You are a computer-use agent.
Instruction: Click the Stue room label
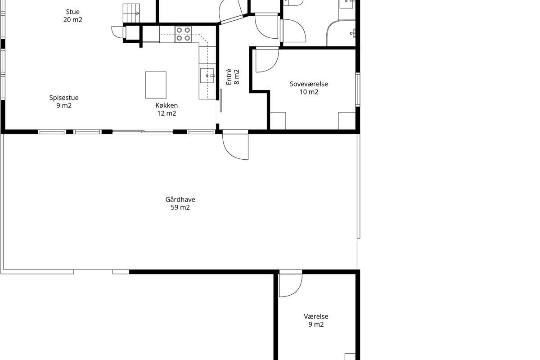point(72,12)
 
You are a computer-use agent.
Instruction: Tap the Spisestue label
point(64,98)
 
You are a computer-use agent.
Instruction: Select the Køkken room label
point(166,105)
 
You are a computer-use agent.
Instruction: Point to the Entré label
point(229,77)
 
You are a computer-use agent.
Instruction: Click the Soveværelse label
point(309,84)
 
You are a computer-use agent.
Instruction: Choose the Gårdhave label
point(180,200)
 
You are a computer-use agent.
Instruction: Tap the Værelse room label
point(316,316)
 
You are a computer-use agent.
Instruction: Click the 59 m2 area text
point(180,207)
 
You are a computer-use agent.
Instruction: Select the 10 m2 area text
point(309,92)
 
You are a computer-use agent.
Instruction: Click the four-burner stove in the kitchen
point(183,34)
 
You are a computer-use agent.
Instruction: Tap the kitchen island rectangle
point(156,85)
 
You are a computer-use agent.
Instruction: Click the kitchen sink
point(207,76)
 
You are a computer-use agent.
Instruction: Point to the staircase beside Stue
point(131,13)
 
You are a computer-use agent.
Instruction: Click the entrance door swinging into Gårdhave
point(235,144)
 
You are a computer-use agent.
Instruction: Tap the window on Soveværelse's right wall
point(358,90)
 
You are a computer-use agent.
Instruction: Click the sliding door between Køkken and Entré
point(220,100)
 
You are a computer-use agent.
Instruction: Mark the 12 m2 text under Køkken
point(166,113)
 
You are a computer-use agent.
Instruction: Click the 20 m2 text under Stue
point(73,19)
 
